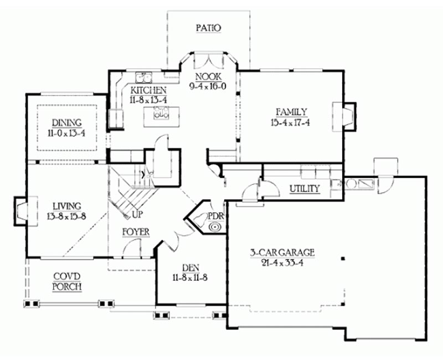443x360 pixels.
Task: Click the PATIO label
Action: click(x=209, y=28)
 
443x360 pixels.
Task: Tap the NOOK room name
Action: click(x=209, y=76)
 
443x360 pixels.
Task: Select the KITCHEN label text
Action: click(x=148, y=90)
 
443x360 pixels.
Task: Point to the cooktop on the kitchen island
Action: click(x=161, y=112)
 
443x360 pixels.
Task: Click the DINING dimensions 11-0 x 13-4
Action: click(x=66, y=133)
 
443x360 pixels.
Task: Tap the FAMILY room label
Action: click(x=291, y=112)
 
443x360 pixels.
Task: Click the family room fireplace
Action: click(x=344, y=116)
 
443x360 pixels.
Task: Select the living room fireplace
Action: click(x=26, y=211)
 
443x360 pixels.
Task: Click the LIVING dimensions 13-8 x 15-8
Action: click(x=66, y=216)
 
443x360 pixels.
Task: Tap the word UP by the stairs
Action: click(x=137, y=215)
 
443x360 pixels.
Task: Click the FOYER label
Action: click(x=136, y=232)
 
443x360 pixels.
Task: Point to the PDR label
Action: click(x=215, y=216)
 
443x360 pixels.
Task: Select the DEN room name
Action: click(x=190, y=268)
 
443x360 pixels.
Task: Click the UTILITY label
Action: click(x=305, y=188)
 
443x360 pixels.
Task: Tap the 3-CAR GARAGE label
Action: click(x=282, y=252)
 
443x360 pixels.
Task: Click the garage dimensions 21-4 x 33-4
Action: click(x=282, y=263)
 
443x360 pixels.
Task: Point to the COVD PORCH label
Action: click(x=67, y=281)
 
